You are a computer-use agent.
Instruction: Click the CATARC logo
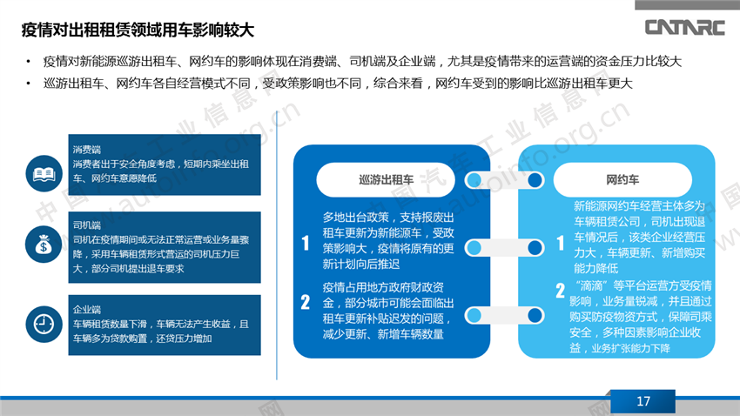coord(685,27)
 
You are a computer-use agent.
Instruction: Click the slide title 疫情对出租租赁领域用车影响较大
coord(138,30)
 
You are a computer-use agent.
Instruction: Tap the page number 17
coord(642,401)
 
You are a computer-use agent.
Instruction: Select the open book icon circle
coord(44,173)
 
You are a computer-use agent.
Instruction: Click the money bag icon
coord(44,245)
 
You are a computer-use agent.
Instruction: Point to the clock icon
coord(44,324)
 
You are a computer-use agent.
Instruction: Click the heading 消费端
coord(87,150)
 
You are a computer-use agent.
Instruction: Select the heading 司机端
coord(87,225)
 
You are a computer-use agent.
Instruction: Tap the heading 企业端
coord(87,310)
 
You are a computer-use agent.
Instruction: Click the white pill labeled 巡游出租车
coord(386,179)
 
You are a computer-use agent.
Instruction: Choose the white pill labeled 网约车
coord(622,179)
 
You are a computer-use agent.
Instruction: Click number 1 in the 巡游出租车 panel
coord(306,243)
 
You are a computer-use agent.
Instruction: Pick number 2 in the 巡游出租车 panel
coord(306,302)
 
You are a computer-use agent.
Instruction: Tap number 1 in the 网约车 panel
coord(560,243)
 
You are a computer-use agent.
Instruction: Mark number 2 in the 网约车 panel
coord(560,291)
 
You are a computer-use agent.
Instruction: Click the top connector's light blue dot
coord(474,179)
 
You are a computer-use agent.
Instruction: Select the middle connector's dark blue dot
coord(535,248)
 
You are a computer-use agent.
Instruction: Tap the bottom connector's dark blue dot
coord(535,316)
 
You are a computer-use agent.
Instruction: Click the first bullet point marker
coord(29,61)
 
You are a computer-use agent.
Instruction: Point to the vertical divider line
coord(277,245)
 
